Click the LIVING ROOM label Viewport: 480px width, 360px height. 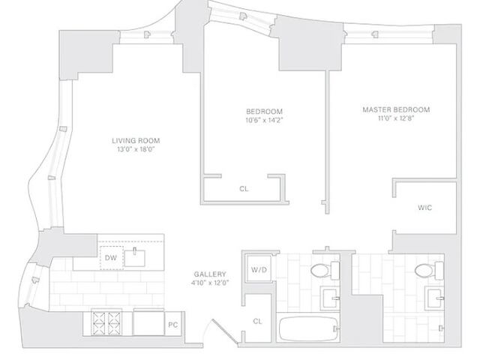(x=136, y=140)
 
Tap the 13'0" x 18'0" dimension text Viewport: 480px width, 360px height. (x=136, y=149)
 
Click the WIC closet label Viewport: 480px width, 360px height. (x=424, y=208)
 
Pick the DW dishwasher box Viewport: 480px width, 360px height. (x=110, y=258)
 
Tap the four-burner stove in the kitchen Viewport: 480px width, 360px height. (x=106, y=323)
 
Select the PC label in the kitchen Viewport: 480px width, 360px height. (x=172, y=325)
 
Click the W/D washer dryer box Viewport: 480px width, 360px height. (x=259, y=269)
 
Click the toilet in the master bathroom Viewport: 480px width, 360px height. (x=423, y=270)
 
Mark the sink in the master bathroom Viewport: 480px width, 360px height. (x=434, y=298)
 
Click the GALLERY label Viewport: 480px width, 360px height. (x=209, y=274)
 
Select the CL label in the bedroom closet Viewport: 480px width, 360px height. (x=244, y=189)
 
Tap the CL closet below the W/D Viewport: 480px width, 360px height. (x=257, y=321)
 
